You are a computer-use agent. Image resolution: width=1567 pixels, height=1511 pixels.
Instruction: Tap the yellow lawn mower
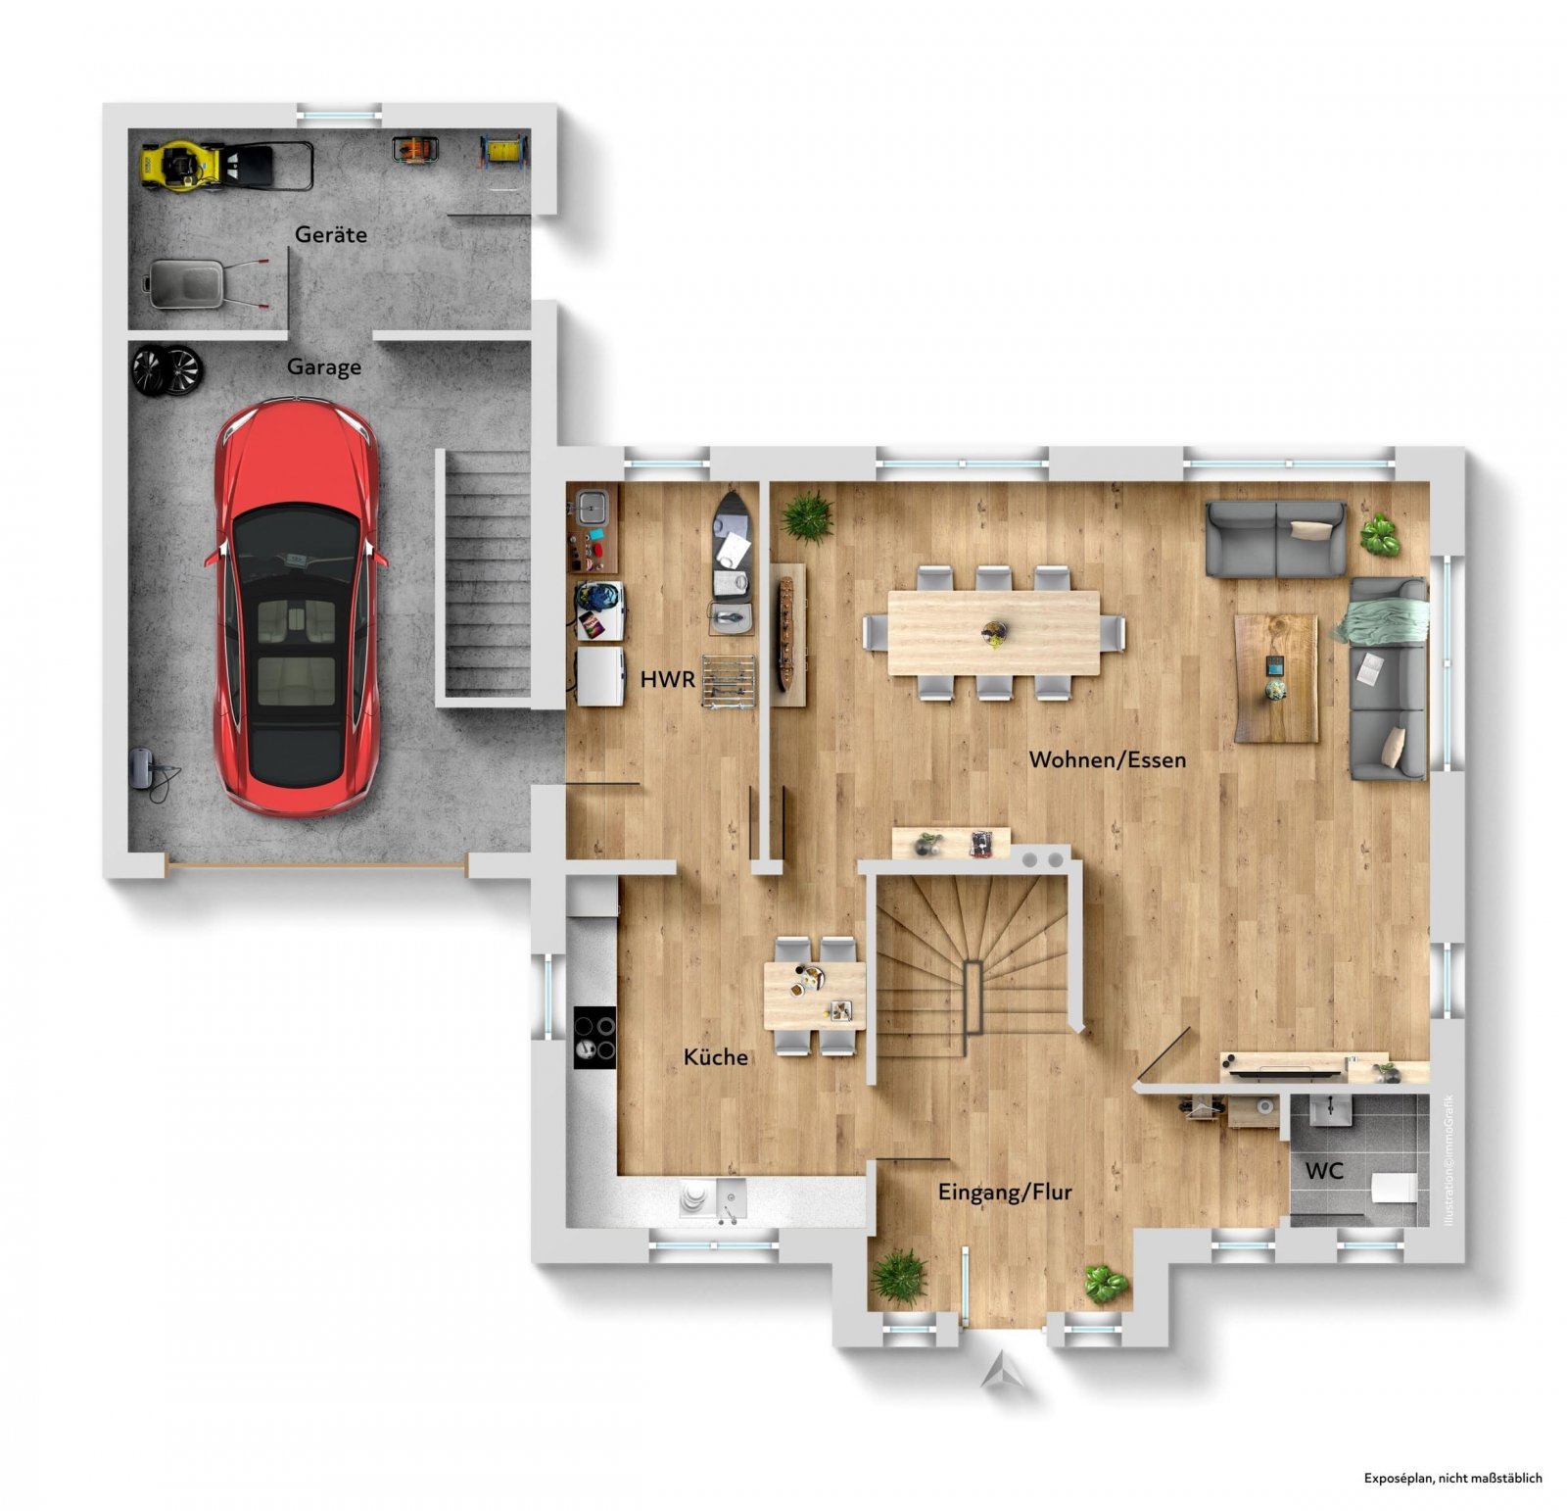pyautogui.click(x=226, y=165)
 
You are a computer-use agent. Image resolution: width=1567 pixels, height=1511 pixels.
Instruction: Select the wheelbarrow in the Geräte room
pyautogui.click(x=206, y=283)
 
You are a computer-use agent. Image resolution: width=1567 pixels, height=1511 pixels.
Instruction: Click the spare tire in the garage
pyautogui.click(x=166, y=369)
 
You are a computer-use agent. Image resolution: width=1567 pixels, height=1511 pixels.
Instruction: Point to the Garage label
pyautogui.click(x=324, y=367)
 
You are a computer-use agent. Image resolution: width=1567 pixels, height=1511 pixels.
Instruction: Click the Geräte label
pyautogui.click(x=331, y=234)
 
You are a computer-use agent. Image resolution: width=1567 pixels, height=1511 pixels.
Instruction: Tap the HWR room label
pyautogui.click(x=668, y=679)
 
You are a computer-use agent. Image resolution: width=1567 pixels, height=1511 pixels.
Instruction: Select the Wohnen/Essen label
pyautogui.click(x=1108, y=759)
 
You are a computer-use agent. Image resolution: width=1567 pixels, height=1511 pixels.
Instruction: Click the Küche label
pyautogui.click(x=716, y=1057)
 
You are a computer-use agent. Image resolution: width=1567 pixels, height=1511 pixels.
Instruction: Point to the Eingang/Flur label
pyautogui.click(x=1005, y=1193)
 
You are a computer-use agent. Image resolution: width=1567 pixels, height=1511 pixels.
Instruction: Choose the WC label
pyautogui.click(x=1324, y=1170)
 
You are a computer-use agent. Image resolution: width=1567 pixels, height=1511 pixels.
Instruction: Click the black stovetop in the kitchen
pyautogui.click(x=594, y=1038)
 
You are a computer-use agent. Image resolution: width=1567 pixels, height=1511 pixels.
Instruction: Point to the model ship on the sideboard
pyautogui.click(x=785, y=635)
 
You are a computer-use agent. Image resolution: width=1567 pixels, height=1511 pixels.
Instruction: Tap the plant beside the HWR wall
pyautogui.click(x=807, y=516)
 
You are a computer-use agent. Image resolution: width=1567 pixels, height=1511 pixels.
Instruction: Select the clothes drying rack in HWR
pyautogui.click(x=729, y=681)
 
